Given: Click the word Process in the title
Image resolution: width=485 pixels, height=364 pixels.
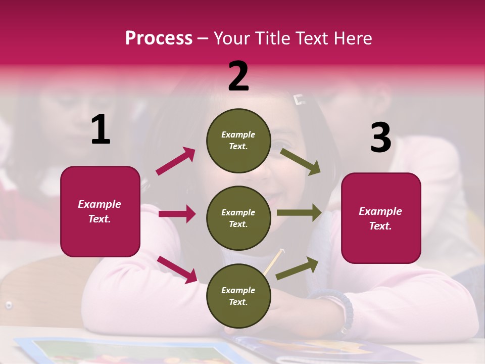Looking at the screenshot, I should click(x=159, y=38).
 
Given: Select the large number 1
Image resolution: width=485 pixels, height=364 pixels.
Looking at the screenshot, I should click(x=101, y=130).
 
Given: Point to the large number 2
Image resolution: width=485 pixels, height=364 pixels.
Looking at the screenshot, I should click(x=238, y=76).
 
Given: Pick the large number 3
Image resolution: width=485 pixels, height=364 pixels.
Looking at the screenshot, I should click(x=380, y=138).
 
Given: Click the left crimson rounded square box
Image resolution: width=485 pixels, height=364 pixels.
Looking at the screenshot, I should click(x=100, y=211).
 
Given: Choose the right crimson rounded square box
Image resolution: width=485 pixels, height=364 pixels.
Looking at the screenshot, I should click(x=381, y=218).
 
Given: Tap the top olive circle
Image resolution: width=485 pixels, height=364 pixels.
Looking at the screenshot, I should click(x=238, y=141).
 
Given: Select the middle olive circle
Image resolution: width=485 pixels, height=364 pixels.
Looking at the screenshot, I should click(x=238, y=218).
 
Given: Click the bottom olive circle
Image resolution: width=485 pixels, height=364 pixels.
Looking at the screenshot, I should click(x=238, y=296).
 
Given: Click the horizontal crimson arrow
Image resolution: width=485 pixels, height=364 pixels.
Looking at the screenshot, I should click(x=177, y=214).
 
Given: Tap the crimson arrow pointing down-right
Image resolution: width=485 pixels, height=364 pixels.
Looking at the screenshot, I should click(x=177, y=269).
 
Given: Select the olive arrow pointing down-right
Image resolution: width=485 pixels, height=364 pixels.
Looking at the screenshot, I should click(x=301, y=161).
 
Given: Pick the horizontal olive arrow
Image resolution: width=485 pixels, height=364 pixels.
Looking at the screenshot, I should click(x=299, y=213).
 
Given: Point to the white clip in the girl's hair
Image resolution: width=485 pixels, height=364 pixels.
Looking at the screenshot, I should click(x=300, y=100).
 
